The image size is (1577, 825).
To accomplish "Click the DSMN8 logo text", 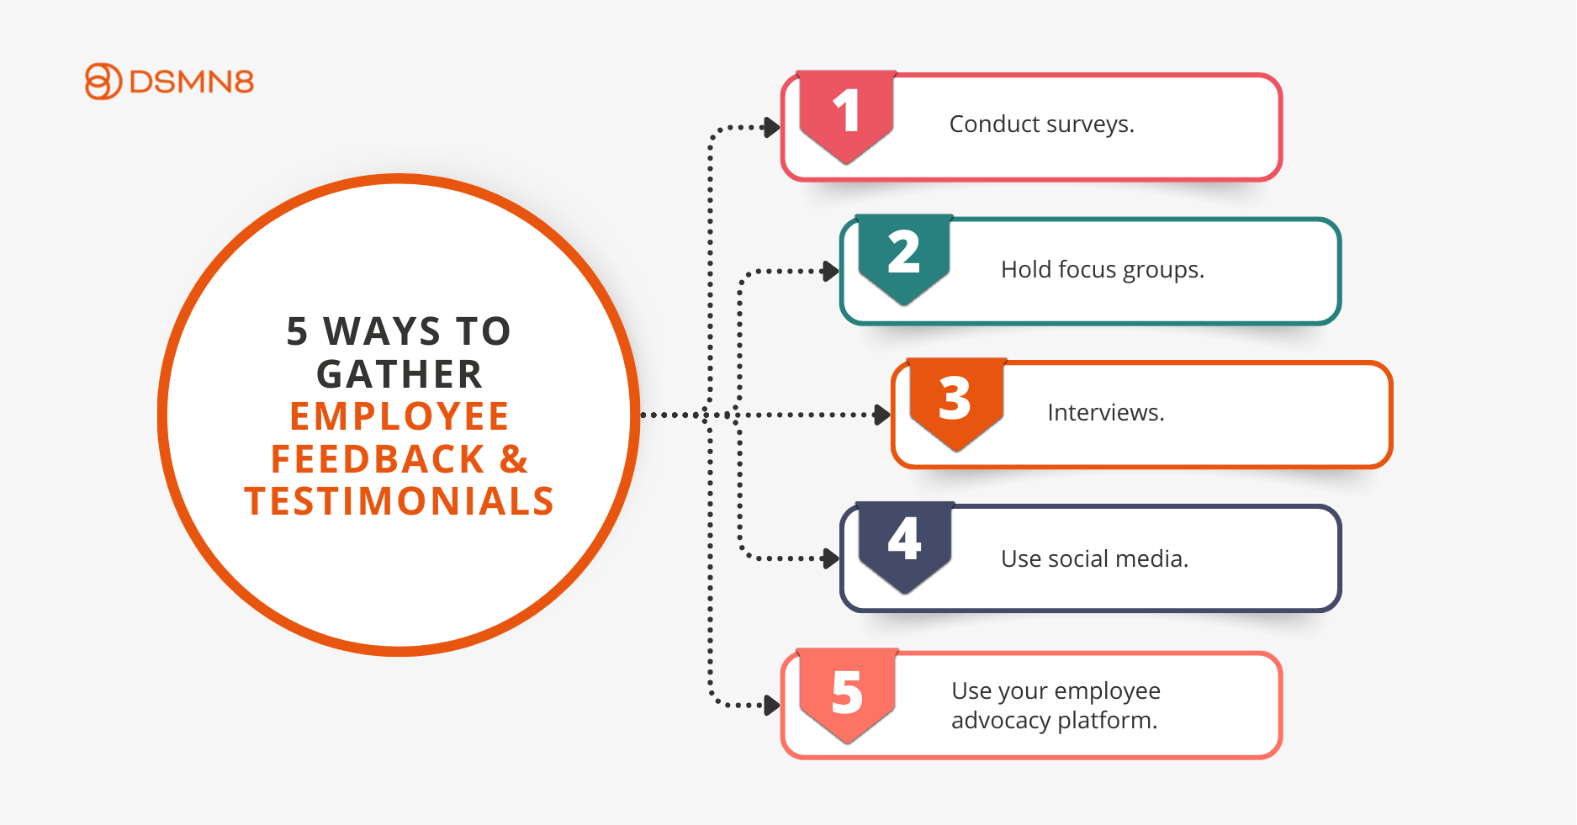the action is click(x=192, y=82).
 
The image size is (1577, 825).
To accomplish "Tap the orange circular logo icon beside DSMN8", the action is click(x=103, y=82).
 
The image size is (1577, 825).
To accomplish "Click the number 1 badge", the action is click(x=846, y=116).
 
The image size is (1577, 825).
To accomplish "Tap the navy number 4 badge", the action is click(x=905, y=547).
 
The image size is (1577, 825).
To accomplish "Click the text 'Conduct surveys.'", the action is click(x=1041, y=124).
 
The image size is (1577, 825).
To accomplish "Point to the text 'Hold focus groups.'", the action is click(x=1103, y=270).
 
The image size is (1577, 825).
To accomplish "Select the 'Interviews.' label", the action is click(x=1106, y=413).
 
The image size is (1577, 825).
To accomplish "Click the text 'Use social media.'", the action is click(x=1094, y=559).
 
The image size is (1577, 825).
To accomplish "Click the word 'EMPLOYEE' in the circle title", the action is click(x=400, y=416).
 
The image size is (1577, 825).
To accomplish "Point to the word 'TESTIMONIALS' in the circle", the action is click(x=400, y=501).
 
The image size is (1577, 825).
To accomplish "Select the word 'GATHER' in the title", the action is click(x=400, y=374).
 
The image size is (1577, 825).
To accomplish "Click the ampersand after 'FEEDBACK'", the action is click(x=514, y=459).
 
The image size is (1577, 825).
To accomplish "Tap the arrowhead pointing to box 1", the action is click(x=771, y=128).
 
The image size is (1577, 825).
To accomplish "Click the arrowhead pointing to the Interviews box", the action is click(x=882, y=415).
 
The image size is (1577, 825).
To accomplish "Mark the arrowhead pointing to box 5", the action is click(x=771, y=705).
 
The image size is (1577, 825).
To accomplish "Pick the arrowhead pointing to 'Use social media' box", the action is click(x=831, y=558).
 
